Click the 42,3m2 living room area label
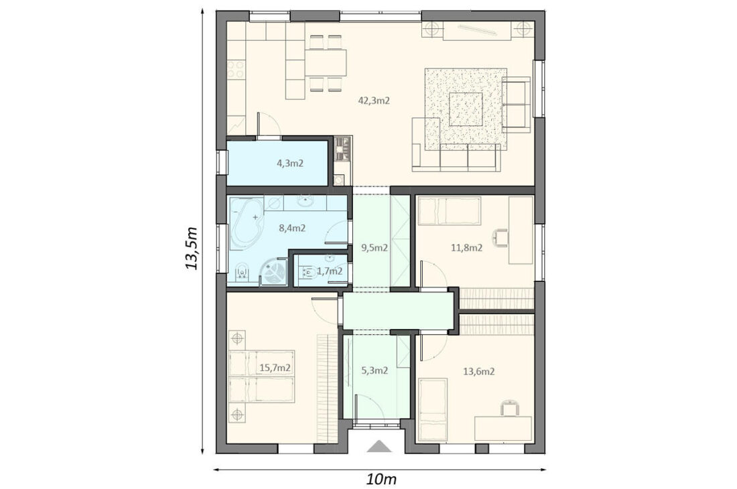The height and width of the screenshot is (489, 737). [374, 100]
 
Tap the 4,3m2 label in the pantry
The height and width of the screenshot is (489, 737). [290, 163]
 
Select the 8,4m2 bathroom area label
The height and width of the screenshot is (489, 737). [292, 229]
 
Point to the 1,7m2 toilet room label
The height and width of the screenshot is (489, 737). [329, 271]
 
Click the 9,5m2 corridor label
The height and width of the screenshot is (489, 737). [374, 248]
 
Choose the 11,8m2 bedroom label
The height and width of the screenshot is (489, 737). [467, 248]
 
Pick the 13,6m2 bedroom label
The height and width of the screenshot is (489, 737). [479, 372]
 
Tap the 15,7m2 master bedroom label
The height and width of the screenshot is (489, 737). [275, 368]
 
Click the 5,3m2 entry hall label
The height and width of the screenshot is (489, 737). [375, 370]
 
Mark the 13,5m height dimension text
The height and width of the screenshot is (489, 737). [192, 248]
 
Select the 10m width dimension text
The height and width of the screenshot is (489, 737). [382, 480]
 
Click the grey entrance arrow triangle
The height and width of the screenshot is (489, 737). [379, 446]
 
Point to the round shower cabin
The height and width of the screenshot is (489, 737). [273, 273]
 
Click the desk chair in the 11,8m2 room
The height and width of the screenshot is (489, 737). [501, 238]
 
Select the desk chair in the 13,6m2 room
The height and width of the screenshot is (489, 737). [510, 407]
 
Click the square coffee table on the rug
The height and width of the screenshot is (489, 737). [466, 109]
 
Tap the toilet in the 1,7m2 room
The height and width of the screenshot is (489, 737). [308, 272]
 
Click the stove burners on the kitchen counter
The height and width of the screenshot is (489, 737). [237, 69]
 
